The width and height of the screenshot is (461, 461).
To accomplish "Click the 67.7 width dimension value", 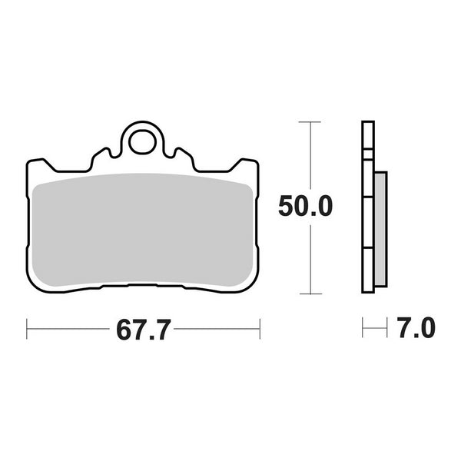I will [143, 330].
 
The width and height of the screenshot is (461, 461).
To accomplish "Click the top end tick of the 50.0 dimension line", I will [310, 121].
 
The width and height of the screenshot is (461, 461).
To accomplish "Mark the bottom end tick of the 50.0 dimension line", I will [310, 294].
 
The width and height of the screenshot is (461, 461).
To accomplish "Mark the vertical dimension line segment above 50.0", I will [310, 154].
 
